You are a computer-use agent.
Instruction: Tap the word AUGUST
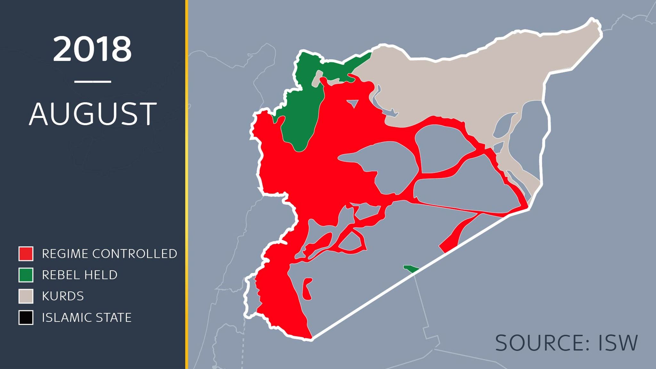coord(93,114)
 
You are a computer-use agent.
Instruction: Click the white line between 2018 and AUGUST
coord(93,82)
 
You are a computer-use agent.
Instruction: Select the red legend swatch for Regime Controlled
coord(26,254)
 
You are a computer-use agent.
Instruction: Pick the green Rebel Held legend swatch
coord(26,275)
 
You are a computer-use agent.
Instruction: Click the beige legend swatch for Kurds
coord(26,296)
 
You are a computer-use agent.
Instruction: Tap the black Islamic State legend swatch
coord(26,317)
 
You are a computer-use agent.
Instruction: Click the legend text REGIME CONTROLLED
coord(110,254)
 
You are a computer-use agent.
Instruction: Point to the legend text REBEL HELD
coord(80,275)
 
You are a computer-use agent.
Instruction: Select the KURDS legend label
coord(63,296)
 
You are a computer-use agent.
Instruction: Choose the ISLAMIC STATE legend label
coord(87,317)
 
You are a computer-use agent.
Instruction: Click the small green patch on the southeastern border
coord(411,269)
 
